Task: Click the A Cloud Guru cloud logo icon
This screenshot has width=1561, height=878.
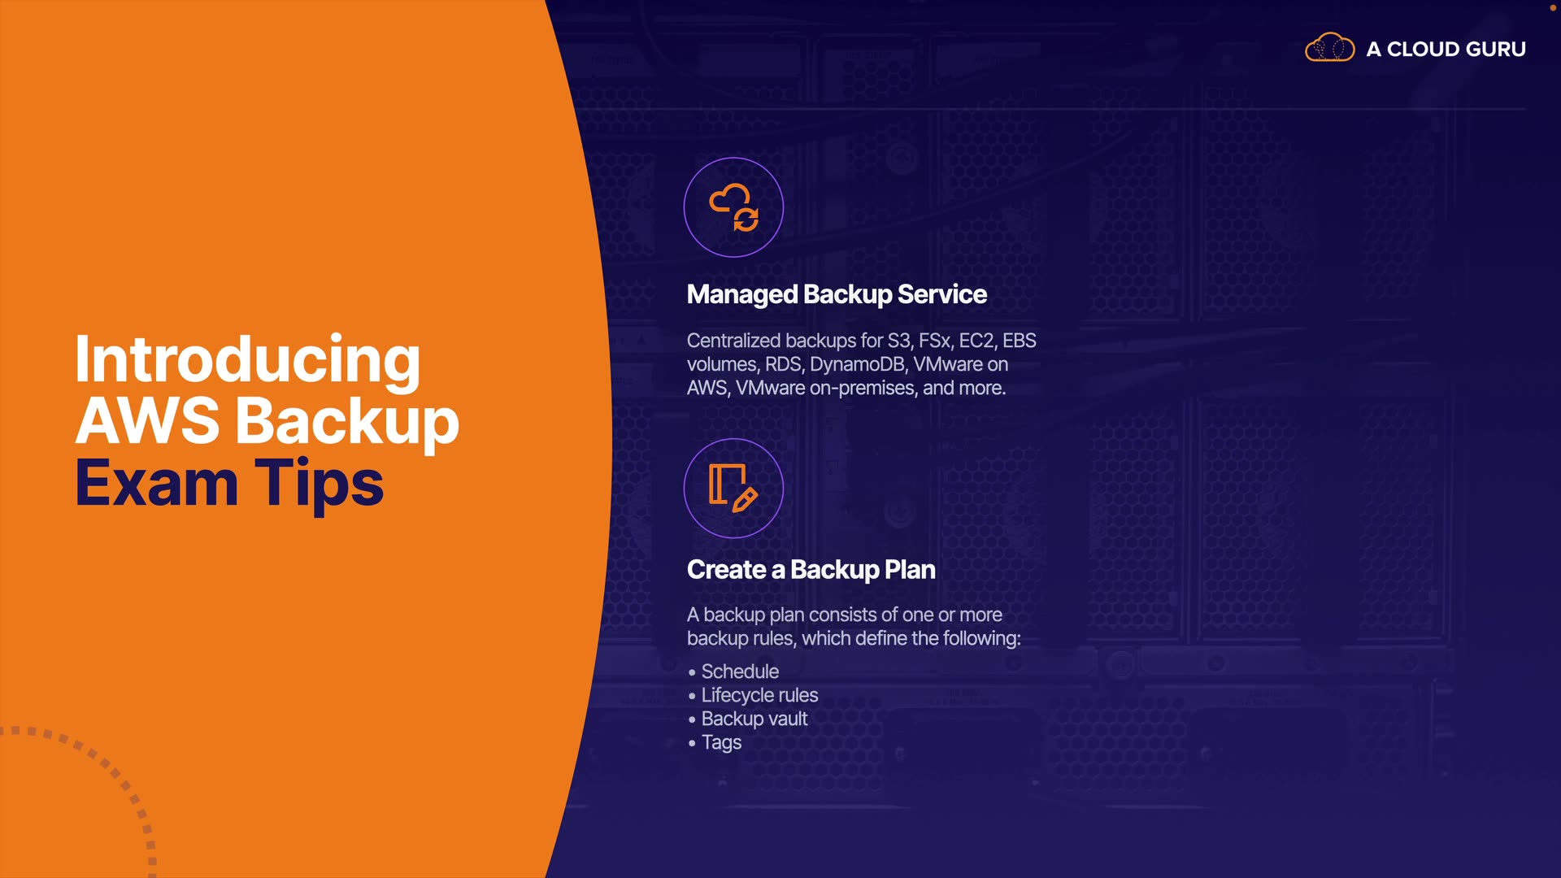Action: [1329, 48]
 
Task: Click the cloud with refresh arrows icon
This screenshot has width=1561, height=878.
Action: [733, 207]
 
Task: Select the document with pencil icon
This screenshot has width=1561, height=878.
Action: [733, 488]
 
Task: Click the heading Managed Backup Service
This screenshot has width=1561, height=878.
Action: [837, 294]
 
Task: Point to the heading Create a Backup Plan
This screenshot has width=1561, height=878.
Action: [811, 570]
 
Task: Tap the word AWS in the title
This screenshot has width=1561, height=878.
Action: [147, 421]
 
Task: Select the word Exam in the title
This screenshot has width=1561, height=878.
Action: [156, 483]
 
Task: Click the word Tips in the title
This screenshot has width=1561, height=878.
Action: [319, 483]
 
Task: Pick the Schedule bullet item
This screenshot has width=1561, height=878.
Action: [740, 672]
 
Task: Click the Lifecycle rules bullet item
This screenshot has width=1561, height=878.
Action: [759, 695]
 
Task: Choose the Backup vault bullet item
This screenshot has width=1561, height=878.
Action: [754, 719]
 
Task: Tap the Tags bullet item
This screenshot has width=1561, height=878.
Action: [721, 742]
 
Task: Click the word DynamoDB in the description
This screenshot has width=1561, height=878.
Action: [857, 364]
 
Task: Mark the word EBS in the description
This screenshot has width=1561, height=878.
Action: [1019, 341]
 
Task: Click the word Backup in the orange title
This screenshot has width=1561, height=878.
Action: [347, 421]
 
